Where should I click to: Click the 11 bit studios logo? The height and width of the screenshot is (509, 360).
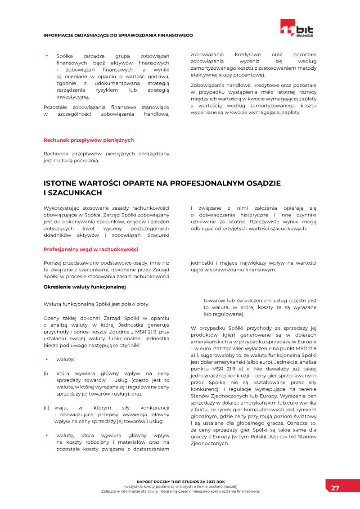click(297, 29)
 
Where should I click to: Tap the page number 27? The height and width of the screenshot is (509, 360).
click(335, 488)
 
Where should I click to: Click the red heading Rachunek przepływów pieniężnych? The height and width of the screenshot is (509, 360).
click(88, 140)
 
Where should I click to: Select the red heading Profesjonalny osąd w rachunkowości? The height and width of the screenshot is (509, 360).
click(90, 249)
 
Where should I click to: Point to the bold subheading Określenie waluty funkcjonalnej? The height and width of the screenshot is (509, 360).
click(84, 286)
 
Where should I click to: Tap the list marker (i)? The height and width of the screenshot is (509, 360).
click(46, 373)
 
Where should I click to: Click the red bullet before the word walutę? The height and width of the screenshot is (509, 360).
click(46, 359)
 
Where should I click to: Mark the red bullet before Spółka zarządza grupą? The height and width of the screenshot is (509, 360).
click(46, 56)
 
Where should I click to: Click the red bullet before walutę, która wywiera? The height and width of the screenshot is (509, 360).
click(46, 435)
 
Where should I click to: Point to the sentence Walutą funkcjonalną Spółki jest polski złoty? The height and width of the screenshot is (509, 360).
click(96, 304)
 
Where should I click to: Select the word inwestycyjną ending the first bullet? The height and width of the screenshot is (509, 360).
click(72, 96)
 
